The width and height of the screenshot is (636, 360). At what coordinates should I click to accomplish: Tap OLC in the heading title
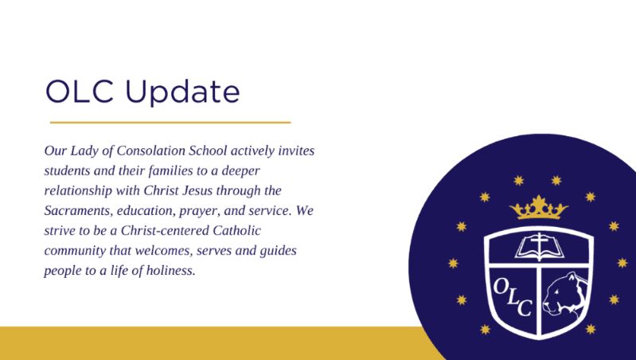[x=79, y=92]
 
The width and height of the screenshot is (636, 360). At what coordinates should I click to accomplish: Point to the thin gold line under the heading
[x=170, y=122]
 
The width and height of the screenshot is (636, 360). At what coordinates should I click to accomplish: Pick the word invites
[x=296, y=151]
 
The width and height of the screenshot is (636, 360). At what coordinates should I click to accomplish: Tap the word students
[x=68, y=170]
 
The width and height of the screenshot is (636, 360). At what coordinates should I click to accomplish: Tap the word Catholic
[x=236, y=230]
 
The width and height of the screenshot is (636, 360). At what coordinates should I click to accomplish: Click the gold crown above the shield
[x=539, y=207]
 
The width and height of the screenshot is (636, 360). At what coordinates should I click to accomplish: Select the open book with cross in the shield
[x=539, y=246]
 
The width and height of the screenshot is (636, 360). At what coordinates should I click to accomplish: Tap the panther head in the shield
[x=565, y=294]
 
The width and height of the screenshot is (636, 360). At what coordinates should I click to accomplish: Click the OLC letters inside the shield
[x=513, y=297]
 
